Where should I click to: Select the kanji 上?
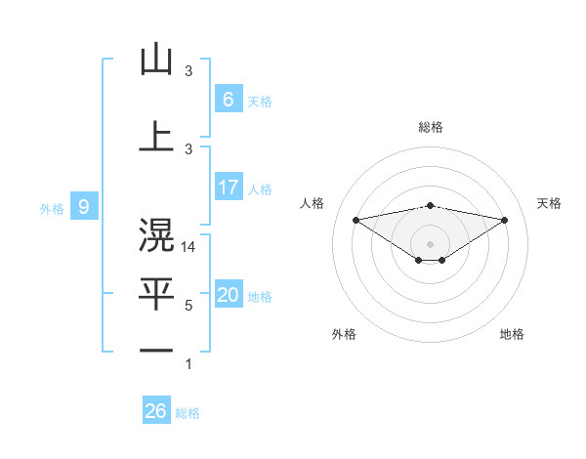pyautogui.click(x=156, y=136)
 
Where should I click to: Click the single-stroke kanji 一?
pyautogui.click(x=156, y=350)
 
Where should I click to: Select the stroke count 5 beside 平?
pyautogui.click(x=188, y=306)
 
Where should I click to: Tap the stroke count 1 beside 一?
pyautogui.click(x=188, y=364)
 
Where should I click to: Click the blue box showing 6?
pyautogui.click(x=228, y=100)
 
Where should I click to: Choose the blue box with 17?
pyautogui.click(x=228, y=188)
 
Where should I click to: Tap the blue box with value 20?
pyautogui.click(x=228, y=295)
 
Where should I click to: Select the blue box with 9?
pyautogui.click(x=85, y=206)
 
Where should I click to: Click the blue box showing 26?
pyautogui.click(x=156, y=411)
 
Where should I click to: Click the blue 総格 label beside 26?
pyautogui.click(x=188, y=413)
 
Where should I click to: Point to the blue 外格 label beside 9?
pyautogui.click(x=52, y=208)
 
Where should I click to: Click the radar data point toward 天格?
pyautogui.click(x=505, y=220)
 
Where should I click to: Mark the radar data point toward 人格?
pyautogui.click(x=356, y=219)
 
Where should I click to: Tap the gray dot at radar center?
pyautogui.click(x=430, y=242)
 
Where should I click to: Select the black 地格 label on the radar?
pyautogui.click(x=512, y=334)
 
